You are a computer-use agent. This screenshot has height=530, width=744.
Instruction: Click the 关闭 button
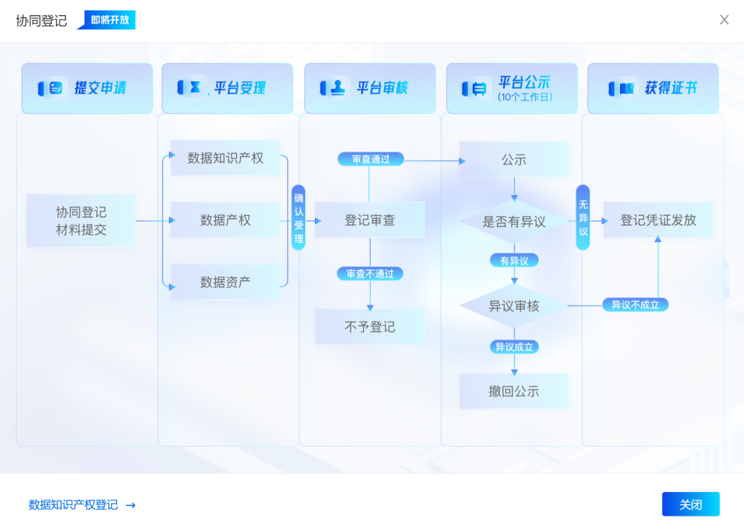point(690,504)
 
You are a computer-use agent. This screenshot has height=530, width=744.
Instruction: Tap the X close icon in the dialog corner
point(724,20)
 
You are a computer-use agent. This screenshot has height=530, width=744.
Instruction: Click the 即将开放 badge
point(110,20)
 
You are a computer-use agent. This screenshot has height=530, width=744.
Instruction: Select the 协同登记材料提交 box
point(81,221)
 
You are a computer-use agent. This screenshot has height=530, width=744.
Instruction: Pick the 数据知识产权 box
point(225,158)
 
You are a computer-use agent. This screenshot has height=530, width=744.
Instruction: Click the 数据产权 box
point(225,221)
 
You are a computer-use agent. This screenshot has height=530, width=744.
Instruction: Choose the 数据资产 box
point(225,282)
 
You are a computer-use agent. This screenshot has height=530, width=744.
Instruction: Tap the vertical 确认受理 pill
point(298,217)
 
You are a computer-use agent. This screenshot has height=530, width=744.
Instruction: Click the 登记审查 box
point(370,221)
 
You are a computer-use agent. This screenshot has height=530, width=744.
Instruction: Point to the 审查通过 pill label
point(371,159)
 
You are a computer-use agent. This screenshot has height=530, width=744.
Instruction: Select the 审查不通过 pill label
point(370,274)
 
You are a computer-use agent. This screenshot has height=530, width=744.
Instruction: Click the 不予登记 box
point(370,327)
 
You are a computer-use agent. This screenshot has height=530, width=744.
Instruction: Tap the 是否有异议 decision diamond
point(514,222)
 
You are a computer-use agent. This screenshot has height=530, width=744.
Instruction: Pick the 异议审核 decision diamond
point(514,306)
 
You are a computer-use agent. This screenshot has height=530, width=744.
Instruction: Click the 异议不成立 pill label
point(635,305)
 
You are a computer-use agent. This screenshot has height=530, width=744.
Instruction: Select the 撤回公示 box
point(514,391)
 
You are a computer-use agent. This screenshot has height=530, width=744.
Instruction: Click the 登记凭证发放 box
point(658,221)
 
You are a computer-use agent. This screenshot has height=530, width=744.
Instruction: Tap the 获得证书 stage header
point(653,88)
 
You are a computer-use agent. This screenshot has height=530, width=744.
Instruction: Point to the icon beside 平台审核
point(335,88)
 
